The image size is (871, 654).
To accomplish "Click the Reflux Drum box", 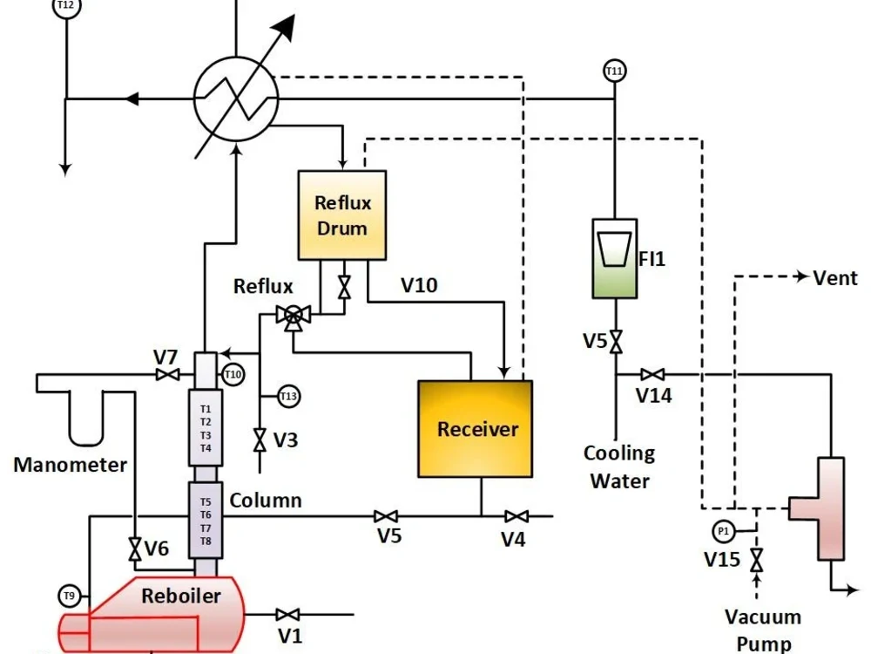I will (x=342, y=215).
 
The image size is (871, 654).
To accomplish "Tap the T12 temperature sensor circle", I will (x=64, y=6).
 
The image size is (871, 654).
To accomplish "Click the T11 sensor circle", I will (x=615, y=70).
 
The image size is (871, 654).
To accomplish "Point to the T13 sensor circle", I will (x=289, y=397).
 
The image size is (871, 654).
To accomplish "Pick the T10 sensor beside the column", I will (x=233, y=375).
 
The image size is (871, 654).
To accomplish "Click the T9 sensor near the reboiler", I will (x=69, y=596).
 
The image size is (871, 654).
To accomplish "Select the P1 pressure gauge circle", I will (x=723, y=530).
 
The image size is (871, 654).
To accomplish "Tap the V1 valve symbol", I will (x=288, y=615).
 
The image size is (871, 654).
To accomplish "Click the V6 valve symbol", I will (x=134, y=549).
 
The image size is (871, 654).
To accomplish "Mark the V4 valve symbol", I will (x=517, y=516).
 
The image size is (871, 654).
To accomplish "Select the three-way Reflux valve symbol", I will (x=293, y=317).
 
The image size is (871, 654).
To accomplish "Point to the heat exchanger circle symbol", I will (x=234, y=99).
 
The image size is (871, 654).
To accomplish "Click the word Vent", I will (x=834, y=278).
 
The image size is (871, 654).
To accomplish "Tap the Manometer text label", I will (x=70, y=465).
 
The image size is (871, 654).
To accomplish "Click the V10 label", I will (x=419, y=284).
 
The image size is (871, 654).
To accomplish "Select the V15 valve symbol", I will (x=756, y=559).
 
